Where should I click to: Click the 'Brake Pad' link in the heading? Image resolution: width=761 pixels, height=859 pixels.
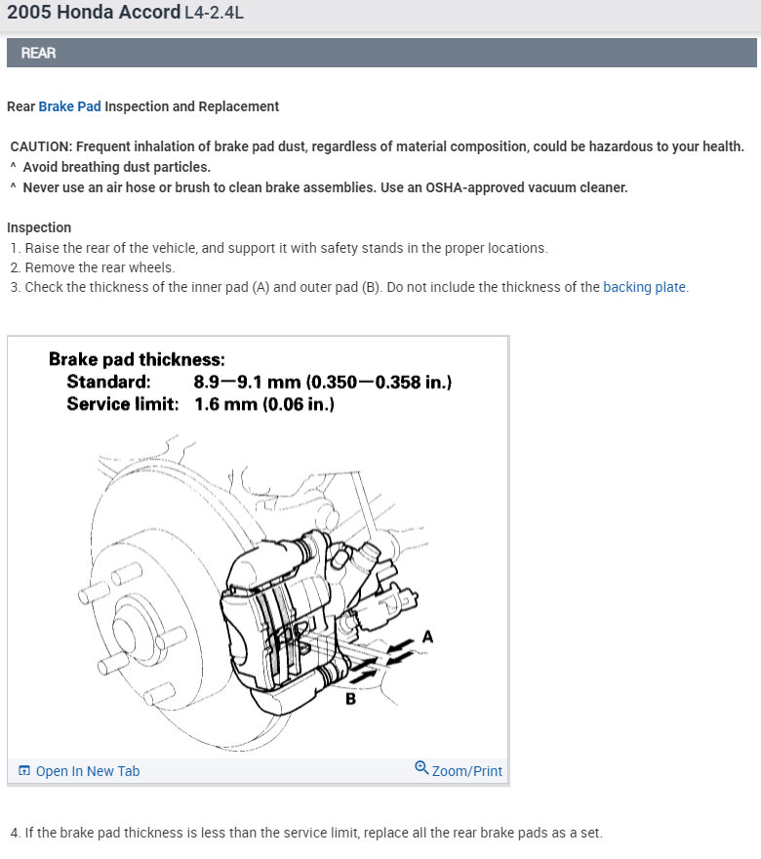[69, 106]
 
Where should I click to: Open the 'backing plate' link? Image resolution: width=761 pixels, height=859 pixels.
[644, 287]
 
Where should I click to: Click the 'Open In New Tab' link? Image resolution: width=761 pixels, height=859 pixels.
[88, 771]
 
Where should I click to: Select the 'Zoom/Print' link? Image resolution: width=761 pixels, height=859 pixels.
[467, 771]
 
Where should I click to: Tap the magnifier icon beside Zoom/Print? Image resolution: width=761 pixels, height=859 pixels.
[421, 768]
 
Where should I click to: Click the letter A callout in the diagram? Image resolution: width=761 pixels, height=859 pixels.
[427, 636]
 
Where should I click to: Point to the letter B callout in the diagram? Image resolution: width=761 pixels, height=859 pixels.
[350, 699]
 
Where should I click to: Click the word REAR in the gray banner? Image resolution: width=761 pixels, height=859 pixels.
[38, 53]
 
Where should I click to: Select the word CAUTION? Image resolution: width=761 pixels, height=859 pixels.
[41, 146]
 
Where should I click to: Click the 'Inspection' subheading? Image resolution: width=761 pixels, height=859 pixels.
[39, 227]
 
